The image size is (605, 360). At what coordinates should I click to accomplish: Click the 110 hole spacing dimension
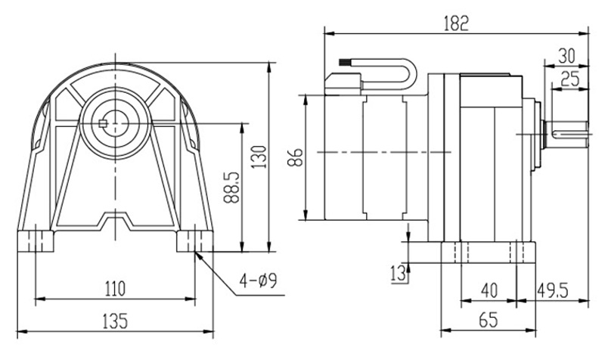click(114, 288)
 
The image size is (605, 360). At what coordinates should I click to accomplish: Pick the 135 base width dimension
click(114, 320)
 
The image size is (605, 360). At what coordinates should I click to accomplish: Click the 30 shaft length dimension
click(569, 56)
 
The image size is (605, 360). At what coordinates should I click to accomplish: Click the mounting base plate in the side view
click(488, 252)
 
